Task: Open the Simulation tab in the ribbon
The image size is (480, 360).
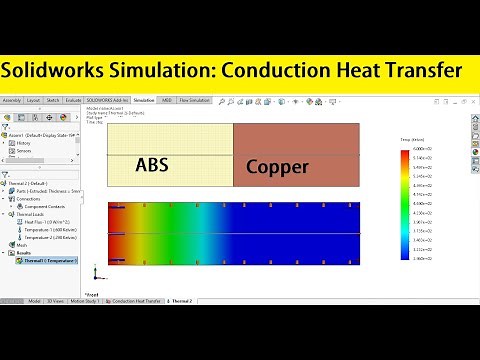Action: tap(143, 101)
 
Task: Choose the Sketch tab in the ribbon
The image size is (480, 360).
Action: tap(53, 101)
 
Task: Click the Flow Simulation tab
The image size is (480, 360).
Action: tap(196, 101)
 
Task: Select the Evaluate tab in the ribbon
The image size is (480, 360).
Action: tap(73, 101)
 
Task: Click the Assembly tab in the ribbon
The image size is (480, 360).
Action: tap(12, 101)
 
